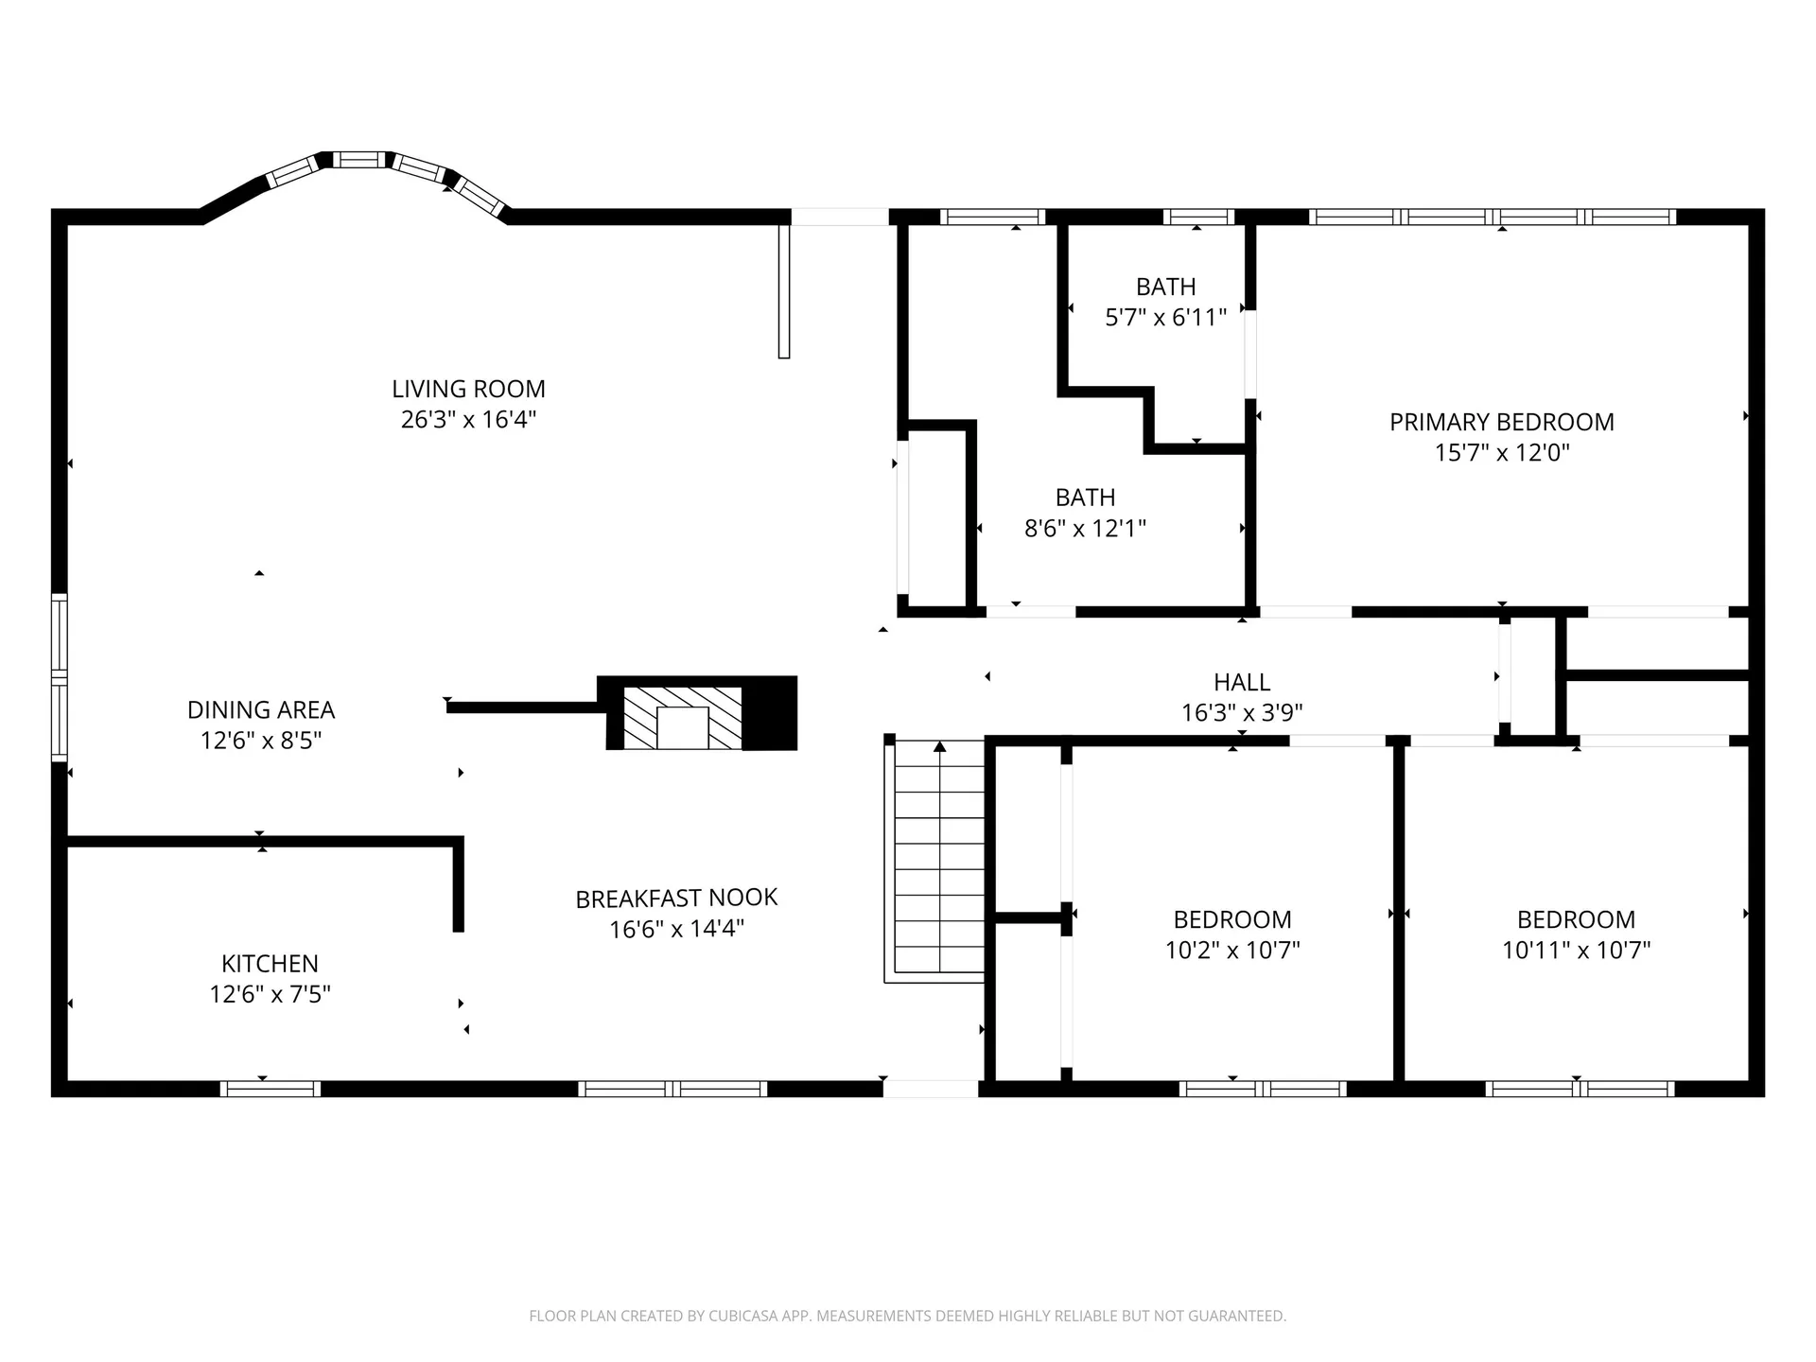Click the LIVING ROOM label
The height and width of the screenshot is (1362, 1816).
pos(468,389)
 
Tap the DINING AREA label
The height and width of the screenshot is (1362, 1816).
pos(261,709)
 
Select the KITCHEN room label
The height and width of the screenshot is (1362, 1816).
pos(270,964)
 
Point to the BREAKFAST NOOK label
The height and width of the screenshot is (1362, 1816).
pos(676,898)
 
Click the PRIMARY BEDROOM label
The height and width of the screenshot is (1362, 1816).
pos(1502,422)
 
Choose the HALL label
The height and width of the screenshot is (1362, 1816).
pos(1242,682)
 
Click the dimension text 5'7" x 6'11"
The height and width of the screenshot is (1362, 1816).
pos(1166,317)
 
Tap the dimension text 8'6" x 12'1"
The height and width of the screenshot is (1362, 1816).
pos(1086,528)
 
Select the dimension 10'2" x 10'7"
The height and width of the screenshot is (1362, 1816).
pos(1232,950)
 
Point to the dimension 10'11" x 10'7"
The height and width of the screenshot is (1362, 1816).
pos(1577,950)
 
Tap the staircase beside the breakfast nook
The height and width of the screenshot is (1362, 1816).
pos(936,861)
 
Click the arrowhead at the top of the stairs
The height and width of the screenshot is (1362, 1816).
pos(940,747)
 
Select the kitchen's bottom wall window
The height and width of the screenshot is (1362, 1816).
pos(271,1089)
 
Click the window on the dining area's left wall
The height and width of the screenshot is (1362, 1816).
pos(60,677)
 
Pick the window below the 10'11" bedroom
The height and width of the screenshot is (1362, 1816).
pos(1580,1089)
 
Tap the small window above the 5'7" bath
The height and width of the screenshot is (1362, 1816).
pos(1198,217)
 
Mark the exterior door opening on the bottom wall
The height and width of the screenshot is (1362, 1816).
pos(931,1089)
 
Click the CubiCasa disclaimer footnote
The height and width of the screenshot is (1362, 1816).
pos(908,1316)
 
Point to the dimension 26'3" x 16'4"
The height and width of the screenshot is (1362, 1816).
pos(468,419)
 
